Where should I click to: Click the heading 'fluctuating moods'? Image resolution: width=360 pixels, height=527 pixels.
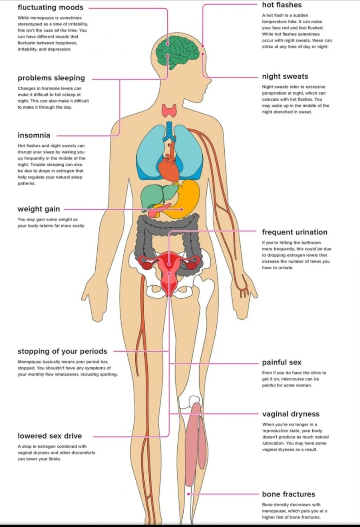[x=50, y=7]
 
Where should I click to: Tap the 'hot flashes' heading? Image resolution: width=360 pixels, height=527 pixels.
[x=282, y=5]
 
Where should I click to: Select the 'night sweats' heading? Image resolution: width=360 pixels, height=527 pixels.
[x=285, y=77]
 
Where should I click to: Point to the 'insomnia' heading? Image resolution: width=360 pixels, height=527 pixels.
[x=34, y=135]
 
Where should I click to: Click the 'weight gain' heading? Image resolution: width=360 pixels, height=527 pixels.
[x=39, y=209]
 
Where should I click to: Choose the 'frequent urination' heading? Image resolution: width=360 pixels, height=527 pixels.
[x=294, y=232]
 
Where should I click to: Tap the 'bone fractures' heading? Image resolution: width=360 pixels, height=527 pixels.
[x=288, y=494]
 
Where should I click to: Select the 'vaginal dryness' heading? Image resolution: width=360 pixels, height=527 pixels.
[x=290, y=414]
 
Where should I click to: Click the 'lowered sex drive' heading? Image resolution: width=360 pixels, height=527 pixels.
[x=50, y=436]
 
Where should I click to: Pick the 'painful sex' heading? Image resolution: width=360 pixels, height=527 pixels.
[x=282, y=362]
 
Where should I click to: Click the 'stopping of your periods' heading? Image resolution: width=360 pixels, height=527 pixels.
[x=62, y=351]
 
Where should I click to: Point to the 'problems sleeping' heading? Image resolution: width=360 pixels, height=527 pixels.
[x=51, y=78]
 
